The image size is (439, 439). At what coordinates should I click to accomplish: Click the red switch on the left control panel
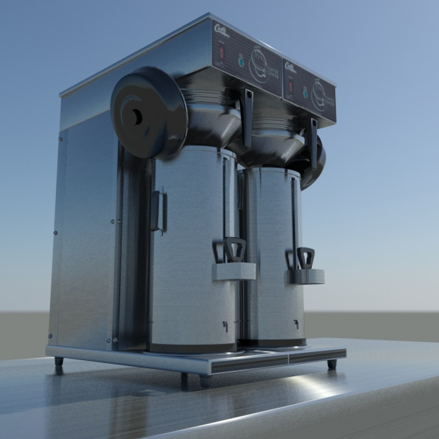click(x=222, y=52)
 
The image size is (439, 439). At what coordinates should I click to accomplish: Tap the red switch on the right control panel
click(x=291, y=87)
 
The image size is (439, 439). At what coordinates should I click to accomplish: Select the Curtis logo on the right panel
click(x=290, y=67)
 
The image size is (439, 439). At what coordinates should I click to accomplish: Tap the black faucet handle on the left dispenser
click(x=235, y=249)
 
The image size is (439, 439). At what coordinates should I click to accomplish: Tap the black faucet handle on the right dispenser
click(x=306, y=257)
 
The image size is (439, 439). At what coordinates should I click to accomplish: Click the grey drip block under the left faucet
click(x=234, y=271)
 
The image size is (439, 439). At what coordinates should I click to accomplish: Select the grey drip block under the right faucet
click(x=306, y=276)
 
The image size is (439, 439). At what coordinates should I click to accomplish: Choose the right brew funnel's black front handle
click(x=313, y=143)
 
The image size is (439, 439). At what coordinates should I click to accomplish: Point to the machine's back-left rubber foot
click(x=59, y=361)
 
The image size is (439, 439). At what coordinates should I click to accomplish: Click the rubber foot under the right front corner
click(x=332, y=364)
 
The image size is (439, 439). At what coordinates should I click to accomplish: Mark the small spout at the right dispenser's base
click(x=297, y=324)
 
